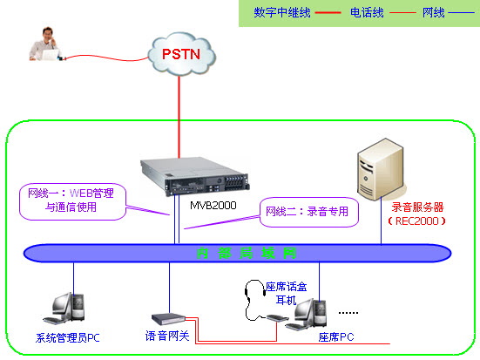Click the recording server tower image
[382, 171]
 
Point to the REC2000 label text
[415, 221]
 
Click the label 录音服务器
[416, 207]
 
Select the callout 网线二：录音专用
[309, 212]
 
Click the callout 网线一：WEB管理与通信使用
[71, 200]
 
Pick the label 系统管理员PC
[68, 337]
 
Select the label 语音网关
[166, 336]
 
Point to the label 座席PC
[335, 337]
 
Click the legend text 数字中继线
[281, 13]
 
